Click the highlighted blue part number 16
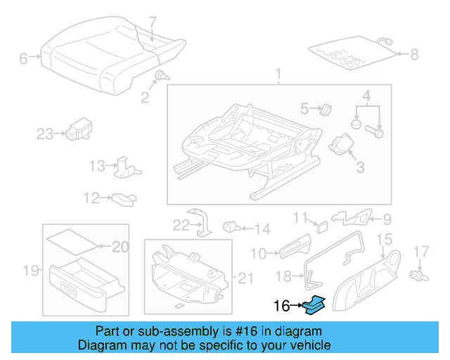pyautogui.click(x=314, y=304)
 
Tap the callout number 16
pyautogui.click(x=281, y=306)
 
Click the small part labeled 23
pyautogui.click(x=77, y=129)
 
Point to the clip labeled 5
pyautogui.click(x=326, y=108)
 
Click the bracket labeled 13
pyautogui.click(x=126, y=166)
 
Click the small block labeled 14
pyautogui.click(x=231, y=227)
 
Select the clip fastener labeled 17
pyautogui.click(x=419, y=271)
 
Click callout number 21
pyautogui.click(x=245, y=278)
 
